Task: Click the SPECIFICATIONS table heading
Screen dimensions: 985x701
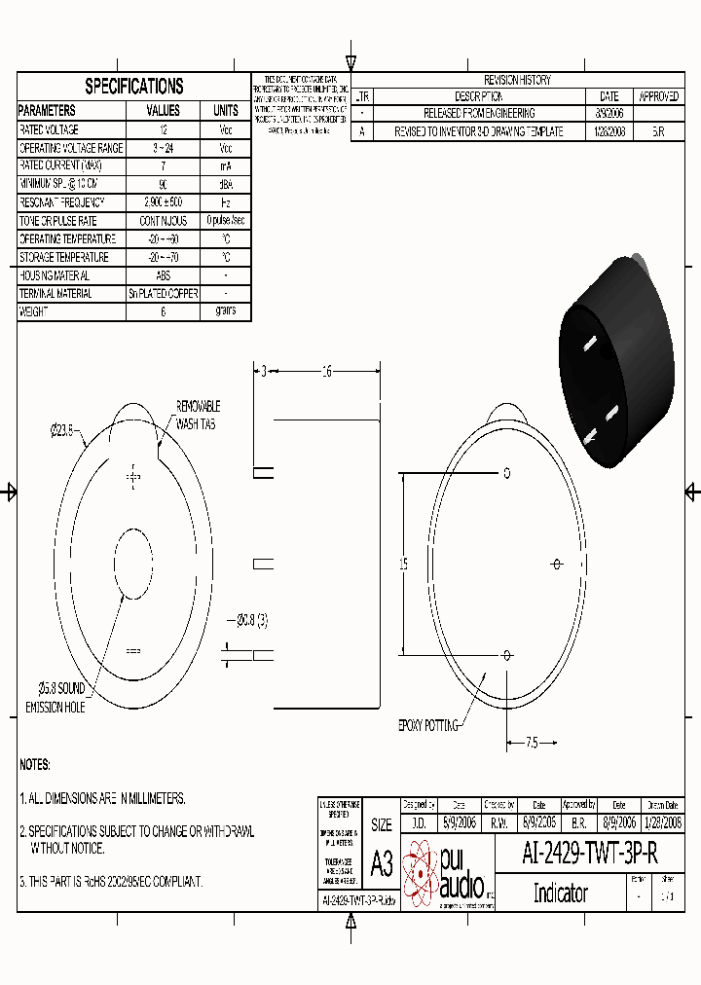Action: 133,86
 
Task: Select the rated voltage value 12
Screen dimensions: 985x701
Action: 163,129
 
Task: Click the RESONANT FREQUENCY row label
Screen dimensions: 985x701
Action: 61,202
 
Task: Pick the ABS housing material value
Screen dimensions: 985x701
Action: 163,275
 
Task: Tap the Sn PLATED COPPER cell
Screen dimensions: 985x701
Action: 163,294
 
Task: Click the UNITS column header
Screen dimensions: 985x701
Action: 225,111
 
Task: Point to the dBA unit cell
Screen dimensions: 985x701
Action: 225,184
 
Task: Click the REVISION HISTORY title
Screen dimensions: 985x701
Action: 516,80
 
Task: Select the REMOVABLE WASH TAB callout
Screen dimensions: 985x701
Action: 198,415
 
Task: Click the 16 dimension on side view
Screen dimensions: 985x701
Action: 327,371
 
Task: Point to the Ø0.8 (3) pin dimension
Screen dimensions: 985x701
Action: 252,619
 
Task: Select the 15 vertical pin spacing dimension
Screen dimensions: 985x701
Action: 403,565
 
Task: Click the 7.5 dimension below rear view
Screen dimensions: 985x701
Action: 532,743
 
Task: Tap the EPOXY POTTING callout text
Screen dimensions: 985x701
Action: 427,725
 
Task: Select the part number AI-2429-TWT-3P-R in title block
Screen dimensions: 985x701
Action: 589,854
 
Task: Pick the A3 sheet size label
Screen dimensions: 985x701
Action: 382,863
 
